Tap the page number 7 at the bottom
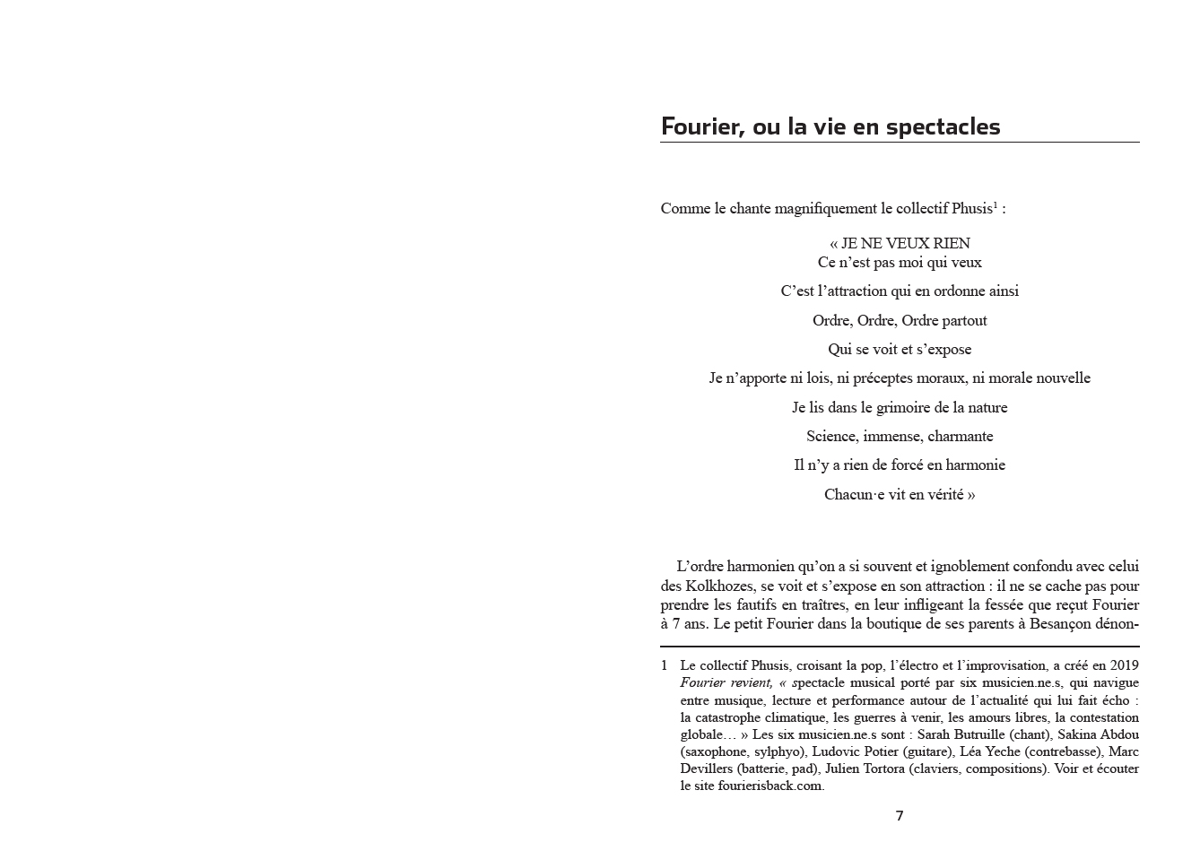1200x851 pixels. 900,815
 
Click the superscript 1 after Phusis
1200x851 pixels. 995,205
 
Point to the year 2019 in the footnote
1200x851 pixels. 1124,665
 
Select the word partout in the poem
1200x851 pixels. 964,320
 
